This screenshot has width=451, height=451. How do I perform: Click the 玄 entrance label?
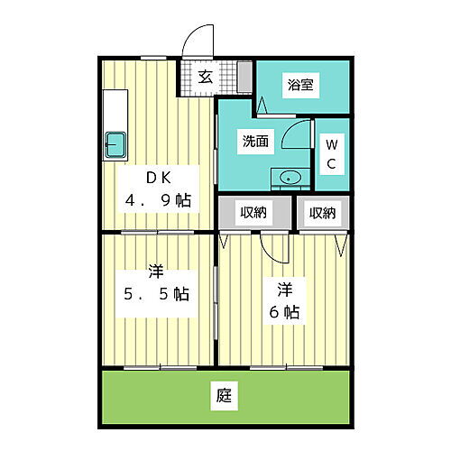click(x=206, y=76)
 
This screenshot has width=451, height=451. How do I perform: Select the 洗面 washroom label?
click(x=254, y=141)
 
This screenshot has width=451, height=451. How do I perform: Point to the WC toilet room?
click(x=331, y=153)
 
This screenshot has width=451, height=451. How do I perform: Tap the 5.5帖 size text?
click(x=157, y=293)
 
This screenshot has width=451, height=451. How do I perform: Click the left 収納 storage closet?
click(x=253, y=213)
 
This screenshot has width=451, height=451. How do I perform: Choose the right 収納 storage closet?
click(x=323, y=213)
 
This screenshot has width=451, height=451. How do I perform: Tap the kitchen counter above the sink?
click(x=115, y=108)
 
